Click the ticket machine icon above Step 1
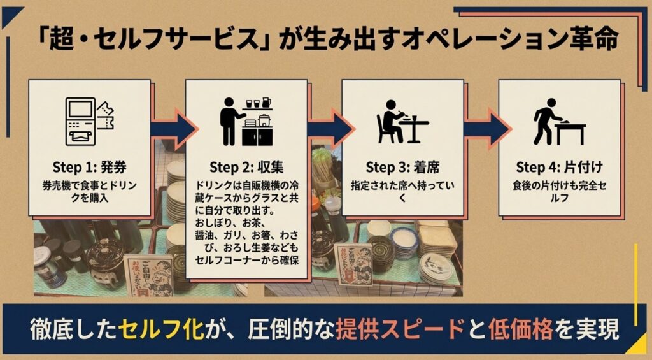coord(90,121)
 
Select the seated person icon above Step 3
coord(402,122)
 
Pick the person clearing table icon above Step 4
coord(559,122)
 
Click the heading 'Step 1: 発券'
coord(89,168)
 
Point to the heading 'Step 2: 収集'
coord(246,168)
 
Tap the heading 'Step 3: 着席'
coord(402,168)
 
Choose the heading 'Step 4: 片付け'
coord(559,168)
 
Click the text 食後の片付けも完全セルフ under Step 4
coord(559,191)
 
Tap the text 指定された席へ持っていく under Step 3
coord(402,191)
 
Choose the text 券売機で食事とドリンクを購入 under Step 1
coord(89,191)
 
